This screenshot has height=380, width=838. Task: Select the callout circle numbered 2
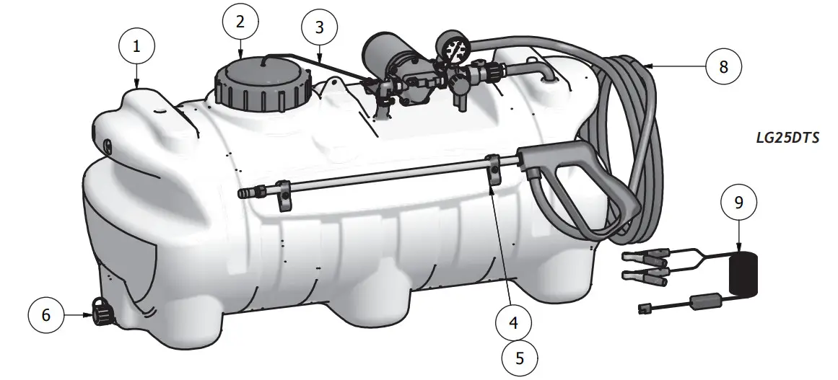pos(240,21)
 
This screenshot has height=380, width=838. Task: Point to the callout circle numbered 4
pos(513,323)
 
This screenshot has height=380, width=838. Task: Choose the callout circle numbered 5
pos(520,357)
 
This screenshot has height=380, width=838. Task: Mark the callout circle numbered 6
pos(46,314)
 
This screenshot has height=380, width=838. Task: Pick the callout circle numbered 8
pos(723,66)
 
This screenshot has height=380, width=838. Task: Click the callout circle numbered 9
pos(738,203)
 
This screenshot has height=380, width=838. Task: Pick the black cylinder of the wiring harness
pos(742,275)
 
